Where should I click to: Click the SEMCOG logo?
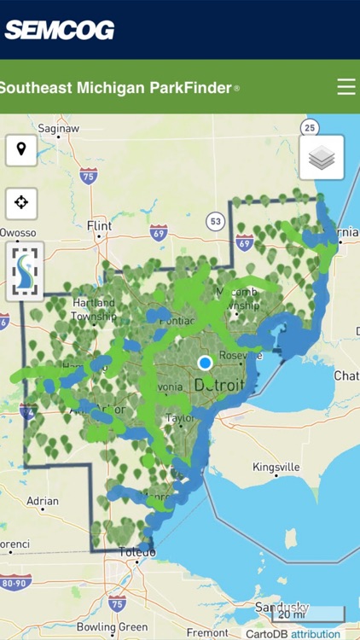(x=60, y=30)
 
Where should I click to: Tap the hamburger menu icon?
(x=345, y=87)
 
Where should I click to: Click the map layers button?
(x=322, y=158)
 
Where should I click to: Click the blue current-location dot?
(x=205, y=363)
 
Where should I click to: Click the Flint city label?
(x=100, y=225)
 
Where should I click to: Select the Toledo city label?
(x=136, y=552)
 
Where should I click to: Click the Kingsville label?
(x=276, y=468)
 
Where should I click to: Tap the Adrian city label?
(x=44, y=502)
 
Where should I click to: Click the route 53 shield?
(x=215, y=222)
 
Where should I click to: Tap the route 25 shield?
(x=311, y=128)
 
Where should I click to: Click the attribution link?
(x=316, y=634)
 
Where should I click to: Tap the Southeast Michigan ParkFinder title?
(x=118, y=87)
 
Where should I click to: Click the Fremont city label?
(x=207, y=633)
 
